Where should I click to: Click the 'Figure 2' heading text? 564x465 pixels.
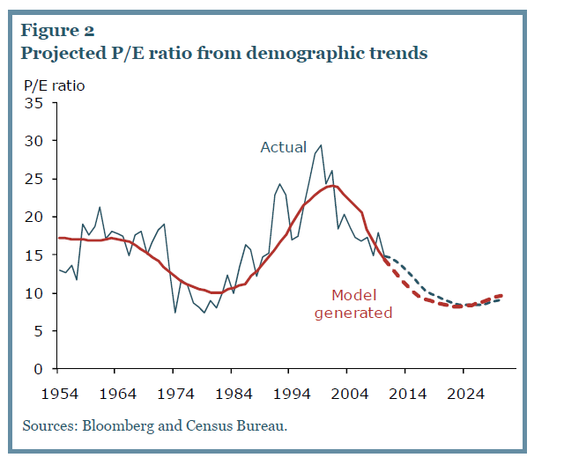pos(60,32)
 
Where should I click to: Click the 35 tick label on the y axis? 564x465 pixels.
pos(34,102)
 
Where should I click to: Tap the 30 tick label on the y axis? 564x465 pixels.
pos(34,141)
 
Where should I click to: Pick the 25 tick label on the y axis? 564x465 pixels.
pos(34,179)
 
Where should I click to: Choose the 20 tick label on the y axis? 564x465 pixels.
pos(34,217)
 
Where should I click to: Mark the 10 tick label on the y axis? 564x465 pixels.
pos(34,292)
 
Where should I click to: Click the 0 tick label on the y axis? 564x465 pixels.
pos(38,369)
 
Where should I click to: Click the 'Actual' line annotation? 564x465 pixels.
pos(283,147)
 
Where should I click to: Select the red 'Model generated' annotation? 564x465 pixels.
pos(361,304)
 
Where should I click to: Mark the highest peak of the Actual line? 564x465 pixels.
pos(321,145)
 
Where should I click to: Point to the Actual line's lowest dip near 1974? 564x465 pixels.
pos(175,312)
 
